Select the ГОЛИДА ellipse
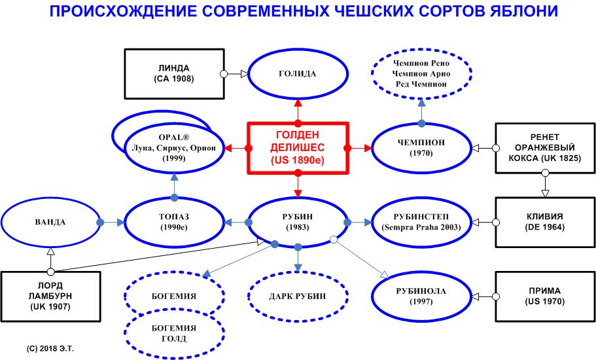tap(298, 73)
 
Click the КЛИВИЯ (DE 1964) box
tap(544, 223)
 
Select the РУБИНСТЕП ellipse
tap(421, 223)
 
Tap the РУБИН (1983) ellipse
tap(298, 223)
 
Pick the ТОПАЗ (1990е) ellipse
tap(174, 223)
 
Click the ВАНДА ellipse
tap(50, 223)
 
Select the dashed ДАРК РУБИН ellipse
tap(298, 297)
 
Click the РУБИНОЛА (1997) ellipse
tap(421, 297)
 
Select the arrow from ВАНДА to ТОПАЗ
tap(111, 223)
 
